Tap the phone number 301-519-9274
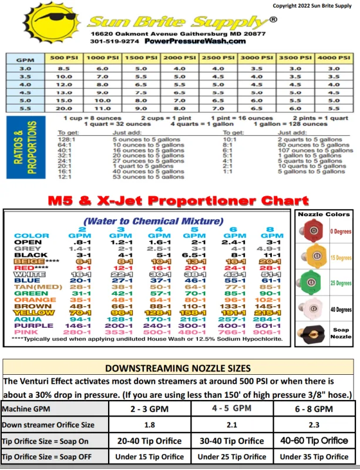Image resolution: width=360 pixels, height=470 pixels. (115, 42)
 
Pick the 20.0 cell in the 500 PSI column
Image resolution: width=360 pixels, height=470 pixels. (63, 108)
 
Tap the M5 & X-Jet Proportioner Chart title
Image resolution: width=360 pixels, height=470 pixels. (178, 200)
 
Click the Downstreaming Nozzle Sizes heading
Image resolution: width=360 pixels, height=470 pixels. (177, 368)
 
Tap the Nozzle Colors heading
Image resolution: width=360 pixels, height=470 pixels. (324, 214)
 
